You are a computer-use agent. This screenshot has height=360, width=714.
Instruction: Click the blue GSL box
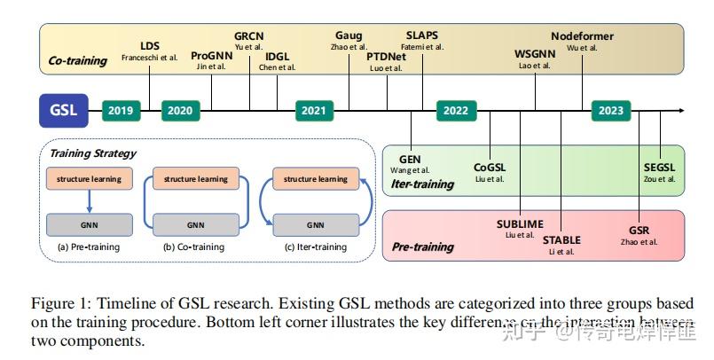pos(63,111)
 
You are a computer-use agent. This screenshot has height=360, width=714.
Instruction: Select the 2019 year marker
pos(122,111)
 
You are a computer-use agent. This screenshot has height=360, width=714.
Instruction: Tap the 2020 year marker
pos(180,111)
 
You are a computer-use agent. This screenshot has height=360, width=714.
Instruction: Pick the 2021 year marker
pos(314,111)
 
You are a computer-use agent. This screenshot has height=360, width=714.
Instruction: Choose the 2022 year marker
pos(455,111)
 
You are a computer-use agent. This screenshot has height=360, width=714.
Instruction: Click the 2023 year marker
pos(610,111)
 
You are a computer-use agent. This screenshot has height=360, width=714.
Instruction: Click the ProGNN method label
pos(212,56)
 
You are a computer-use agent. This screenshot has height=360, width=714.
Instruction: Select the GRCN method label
pos(249,36)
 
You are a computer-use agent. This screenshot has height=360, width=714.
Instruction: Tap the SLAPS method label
pos(421,36)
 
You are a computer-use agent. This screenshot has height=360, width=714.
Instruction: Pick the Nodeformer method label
pos(582,36)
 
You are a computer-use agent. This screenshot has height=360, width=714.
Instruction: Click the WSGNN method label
pos(535,54)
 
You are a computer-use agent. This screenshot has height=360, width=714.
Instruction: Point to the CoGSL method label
pos(490,167)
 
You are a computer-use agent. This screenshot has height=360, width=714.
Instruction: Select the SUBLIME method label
pos(520,224)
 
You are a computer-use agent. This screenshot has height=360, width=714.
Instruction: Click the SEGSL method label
pos(659,167)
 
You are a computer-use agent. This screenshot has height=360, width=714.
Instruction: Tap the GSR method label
pos(639,229)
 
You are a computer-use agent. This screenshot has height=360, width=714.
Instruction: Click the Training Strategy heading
pos(93,153)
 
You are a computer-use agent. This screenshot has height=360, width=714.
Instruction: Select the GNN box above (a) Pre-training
pos(89,224)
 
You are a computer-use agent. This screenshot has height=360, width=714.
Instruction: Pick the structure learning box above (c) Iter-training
pos(315,178)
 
